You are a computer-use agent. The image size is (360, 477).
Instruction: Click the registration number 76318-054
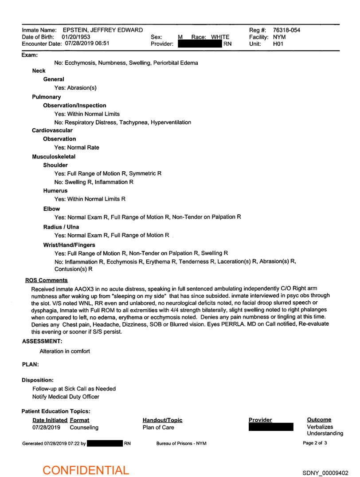pyautogui.click(x=286, y=30)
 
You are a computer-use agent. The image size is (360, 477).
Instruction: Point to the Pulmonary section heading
pyautogui.click(x=47, y=97)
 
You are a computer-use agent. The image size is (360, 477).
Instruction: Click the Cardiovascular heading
pyautogui.click(x=52, y=130)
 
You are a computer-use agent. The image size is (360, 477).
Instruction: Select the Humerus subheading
pyautogui.click(x=55, y=191)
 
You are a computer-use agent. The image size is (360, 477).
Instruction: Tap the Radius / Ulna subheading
pyautogui.click(x=61, y=227)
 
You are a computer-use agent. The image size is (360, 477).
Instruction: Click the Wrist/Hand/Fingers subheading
pyautogui.click(x=69, y=244)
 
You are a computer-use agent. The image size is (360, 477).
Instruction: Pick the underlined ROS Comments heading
pyautogui.click(x=47, y=280)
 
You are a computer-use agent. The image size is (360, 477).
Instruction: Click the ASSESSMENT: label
pyautogui.click(x=42, y=341)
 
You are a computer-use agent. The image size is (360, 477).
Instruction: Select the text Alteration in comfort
pyautogui.click(x=65, y=351)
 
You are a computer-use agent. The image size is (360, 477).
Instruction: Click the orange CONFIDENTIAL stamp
pyautogui.click(x=86, y=470)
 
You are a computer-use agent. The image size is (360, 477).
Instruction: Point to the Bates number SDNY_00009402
pyautogui.click(x=326, y=473)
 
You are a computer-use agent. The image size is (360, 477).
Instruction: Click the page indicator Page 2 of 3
pyautogui.click(x=315, y=443)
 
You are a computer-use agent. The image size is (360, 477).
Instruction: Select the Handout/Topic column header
pyautogui.click(x=162, y=420)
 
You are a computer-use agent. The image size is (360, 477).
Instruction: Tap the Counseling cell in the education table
pyautogui.click(x=84, y=428)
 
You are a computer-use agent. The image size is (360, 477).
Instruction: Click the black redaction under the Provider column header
pyautogui.click(x=271, y=427)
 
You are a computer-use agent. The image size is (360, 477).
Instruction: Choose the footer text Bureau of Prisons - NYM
pyautogui.click(x=181, y=443)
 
